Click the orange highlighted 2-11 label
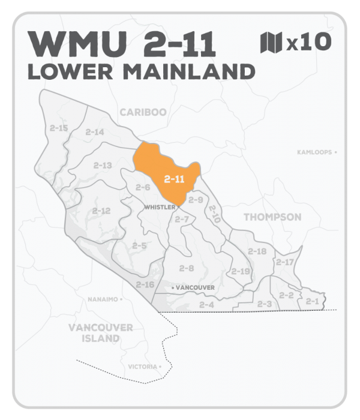(174, 178)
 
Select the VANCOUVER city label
(194, 288)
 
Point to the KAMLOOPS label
(314, 152)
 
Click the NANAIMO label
(104, 298)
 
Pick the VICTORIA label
(142, 366)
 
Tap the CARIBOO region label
(142, 112)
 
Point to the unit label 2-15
(59, 128)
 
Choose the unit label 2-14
(94, 132)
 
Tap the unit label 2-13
(103, 165)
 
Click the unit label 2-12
(101, 211)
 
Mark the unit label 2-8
(186, 268)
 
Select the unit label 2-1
(311, 301)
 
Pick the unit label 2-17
(284, 262)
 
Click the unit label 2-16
(145, 284)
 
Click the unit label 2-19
(241, 271)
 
